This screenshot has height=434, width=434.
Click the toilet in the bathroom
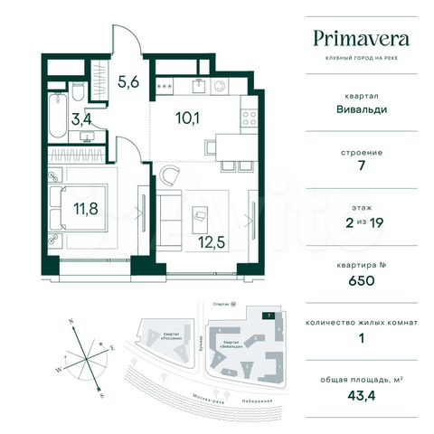click(77, 93)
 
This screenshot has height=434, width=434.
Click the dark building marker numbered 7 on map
click(268, 315)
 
